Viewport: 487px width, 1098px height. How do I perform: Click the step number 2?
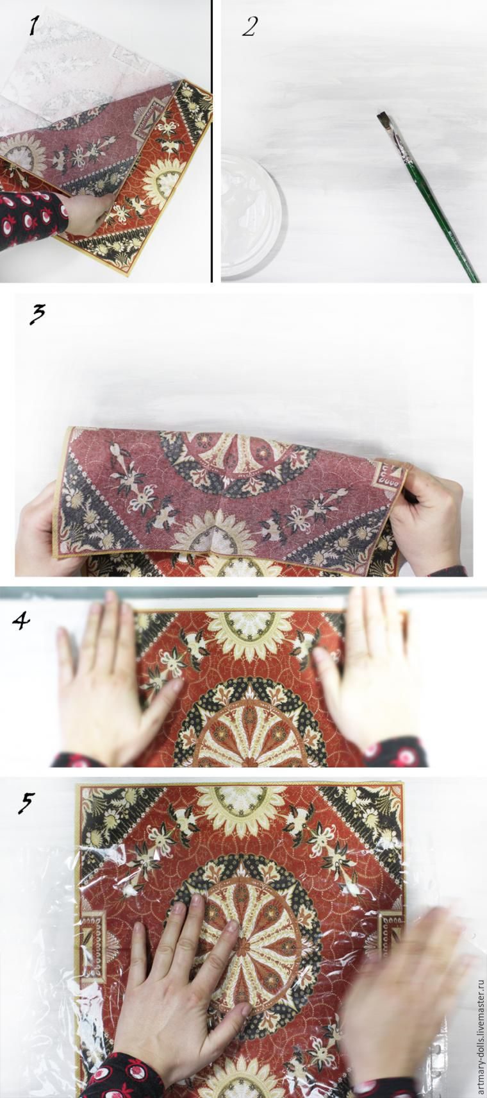tap(249, 26)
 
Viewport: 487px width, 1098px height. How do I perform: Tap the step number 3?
tap(37, 314)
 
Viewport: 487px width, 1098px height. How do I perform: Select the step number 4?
tap(21, 621)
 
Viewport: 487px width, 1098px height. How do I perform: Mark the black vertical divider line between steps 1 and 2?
tap(212, 141)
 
